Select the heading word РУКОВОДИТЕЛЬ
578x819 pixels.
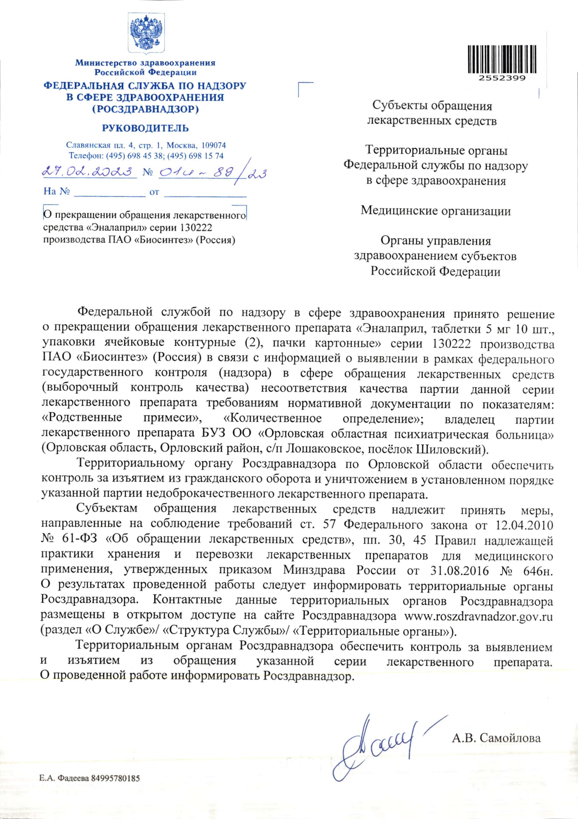pyautogui.click(x=145, y=128)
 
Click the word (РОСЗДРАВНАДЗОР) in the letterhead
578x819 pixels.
pyautogui.click(x=145, y=109)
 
